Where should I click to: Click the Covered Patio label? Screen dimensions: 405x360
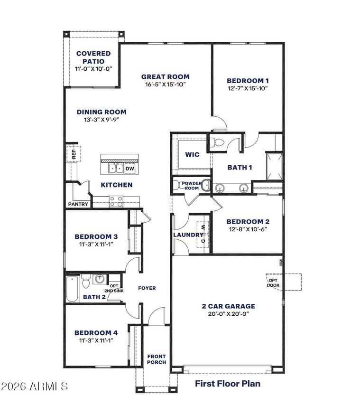(93, 54)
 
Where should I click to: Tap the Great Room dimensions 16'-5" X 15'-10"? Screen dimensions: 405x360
(165, 85)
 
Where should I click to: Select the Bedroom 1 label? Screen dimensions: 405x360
(248, 80)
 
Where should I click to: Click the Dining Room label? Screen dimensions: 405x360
(102, 112)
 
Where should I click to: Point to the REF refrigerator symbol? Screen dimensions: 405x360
(74, 154)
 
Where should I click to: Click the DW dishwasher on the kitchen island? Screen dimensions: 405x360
(129, 169)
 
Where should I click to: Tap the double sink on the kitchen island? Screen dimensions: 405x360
(116, 169)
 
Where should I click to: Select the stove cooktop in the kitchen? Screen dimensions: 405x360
(116, 201)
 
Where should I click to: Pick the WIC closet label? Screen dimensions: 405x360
(192, 155)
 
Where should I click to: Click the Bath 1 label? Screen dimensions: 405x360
(240, 167)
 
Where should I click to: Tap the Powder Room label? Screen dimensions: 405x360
(191, 185)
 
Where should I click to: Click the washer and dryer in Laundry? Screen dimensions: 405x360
(203, 234)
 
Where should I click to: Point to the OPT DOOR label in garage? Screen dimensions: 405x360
(273, 283)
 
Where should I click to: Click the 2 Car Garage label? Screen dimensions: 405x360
(228, 306)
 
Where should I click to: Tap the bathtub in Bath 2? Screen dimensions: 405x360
(72, 290)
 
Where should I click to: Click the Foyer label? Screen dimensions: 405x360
(147, 288)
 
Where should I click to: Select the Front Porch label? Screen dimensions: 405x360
(157, 359)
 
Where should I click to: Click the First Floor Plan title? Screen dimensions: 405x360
(227, 383)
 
